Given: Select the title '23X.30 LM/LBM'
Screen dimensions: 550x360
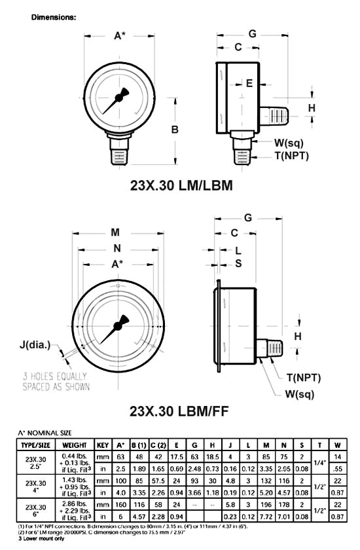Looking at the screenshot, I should click(181, 185).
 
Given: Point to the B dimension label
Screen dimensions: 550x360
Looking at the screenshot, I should click(175, 130).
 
